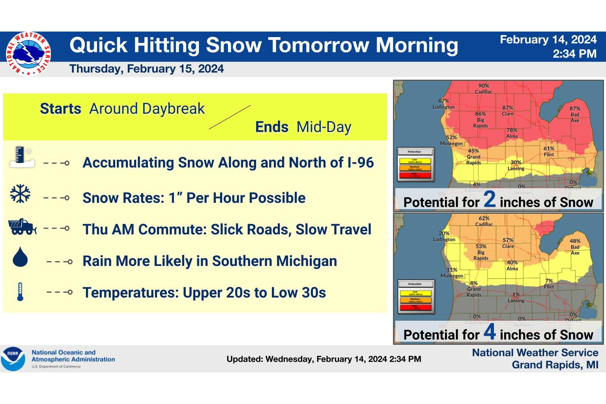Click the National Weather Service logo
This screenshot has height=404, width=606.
[x=28, y=54]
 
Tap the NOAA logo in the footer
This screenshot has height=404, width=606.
[x=13, y=359]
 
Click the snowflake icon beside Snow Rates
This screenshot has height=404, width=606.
[x=20, y=194]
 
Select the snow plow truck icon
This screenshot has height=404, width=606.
[x=22, y=227]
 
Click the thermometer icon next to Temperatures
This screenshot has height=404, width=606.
[x=20, y=292]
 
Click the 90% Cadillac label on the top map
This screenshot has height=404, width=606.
[x=484, y=89]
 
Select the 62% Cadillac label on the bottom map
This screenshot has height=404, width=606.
[x=484, y=221]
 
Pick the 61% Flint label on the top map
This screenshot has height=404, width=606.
[x=549, y=151]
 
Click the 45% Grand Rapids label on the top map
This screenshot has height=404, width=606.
[x=473, y=157]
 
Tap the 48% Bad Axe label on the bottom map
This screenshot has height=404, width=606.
[x=575, y=247]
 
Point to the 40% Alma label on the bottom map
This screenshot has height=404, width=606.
[x=512, y=266]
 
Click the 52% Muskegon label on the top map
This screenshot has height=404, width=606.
[x=451, y=140]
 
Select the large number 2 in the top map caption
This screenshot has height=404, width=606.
[x=489, y=200]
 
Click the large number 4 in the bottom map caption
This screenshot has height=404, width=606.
[x=489, y=332]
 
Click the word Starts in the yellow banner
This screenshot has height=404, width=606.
[x=60, y=108]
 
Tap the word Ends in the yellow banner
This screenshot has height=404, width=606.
[x=271, y=127]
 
